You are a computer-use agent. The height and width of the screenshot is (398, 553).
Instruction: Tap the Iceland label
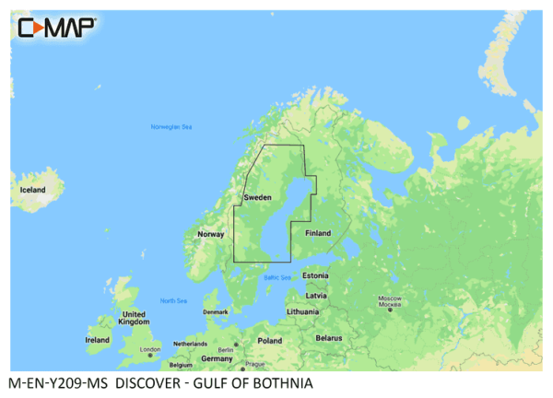pos(32,190)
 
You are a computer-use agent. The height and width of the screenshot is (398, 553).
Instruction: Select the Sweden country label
pos(258,198)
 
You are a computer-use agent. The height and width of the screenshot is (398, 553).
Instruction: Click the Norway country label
pos(211,235)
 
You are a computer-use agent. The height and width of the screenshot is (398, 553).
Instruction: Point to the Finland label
pos(318,233)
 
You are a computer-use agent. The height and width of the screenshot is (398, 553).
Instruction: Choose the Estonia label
pos(315,275)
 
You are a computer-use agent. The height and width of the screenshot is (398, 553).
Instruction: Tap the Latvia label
pos(316,295)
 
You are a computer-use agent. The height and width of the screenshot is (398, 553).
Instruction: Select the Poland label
pos(270,340)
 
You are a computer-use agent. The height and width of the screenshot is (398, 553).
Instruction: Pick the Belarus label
pos(329,338)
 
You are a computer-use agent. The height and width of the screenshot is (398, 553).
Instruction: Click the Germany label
pos(217,358)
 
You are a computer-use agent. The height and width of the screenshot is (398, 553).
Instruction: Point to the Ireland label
pos(97,340)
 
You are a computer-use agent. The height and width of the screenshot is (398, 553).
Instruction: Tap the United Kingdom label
pos(135,318)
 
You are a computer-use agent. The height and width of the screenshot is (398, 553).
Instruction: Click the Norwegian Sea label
pos(171,126)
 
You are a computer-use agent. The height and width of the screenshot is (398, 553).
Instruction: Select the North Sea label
pos(172,301)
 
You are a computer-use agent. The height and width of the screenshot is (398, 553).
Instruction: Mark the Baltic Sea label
pos(276,277)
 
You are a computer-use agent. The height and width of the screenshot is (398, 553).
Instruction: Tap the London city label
pos(150,350)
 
